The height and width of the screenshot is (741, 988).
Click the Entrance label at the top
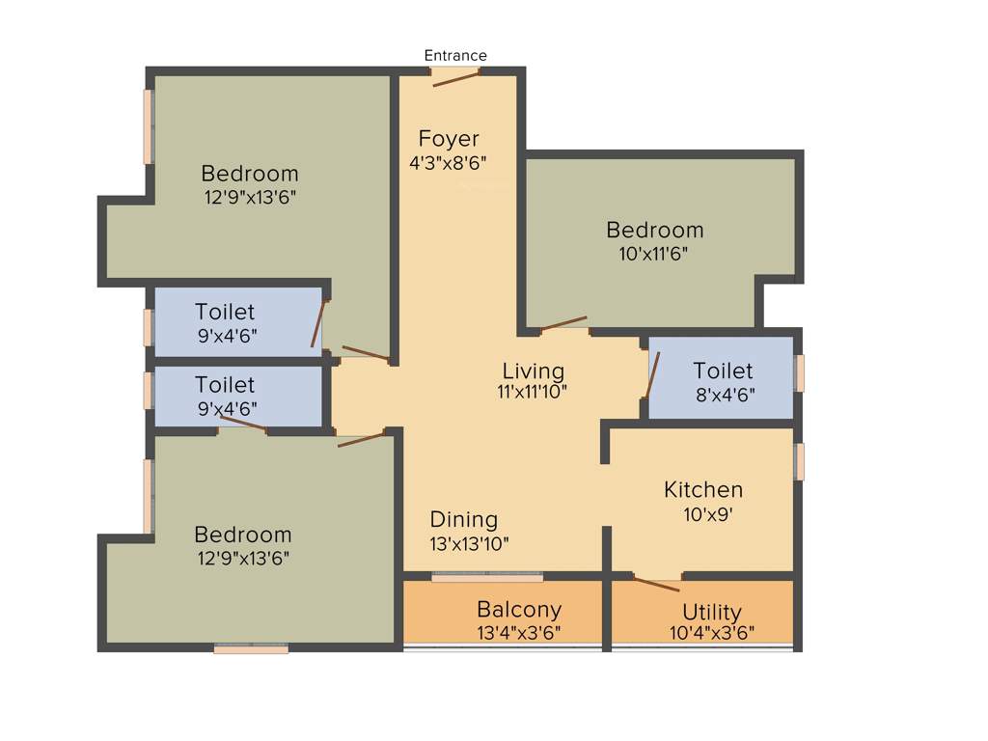(x=455, y=56)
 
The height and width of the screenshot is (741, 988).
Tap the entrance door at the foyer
(x=455, y=78)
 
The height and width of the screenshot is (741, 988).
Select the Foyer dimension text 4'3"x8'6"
(x=447, y=163)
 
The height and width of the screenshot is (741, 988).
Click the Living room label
(x=534, y=371)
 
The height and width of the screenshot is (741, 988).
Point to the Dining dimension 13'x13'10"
(x=470, y=543)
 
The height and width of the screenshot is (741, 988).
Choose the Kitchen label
(x=703, y=490)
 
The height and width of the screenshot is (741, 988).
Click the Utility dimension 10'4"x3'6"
(x=712, y=633)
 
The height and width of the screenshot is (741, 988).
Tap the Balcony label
(x=519, y=610)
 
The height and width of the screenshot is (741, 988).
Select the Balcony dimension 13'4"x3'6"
(x=519, y=633)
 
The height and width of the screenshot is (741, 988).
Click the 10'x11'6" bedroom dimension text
(x=654, y=254)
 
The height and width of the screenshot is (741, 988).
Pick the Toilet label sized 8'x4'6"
(x=723, y=371)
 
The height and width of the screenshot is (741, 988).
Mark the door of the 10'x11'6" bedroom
(x=563, y=324)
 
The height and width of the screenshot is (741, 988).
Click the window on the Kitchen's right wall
(x=798, y=461)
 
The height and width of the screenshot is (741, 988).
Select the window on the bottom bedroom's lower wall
(x=251, y=649)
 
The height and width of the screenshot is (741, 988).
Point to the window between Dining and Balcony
(x=487, y=577)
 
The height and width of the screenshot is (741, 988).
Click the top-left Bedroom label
(x=250, y=174)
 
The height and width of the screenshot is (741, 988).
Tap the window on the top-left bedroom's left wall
(x=149, y=126)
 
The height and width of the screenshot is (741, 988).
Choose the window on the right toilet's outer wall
(x=798, y=373)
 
